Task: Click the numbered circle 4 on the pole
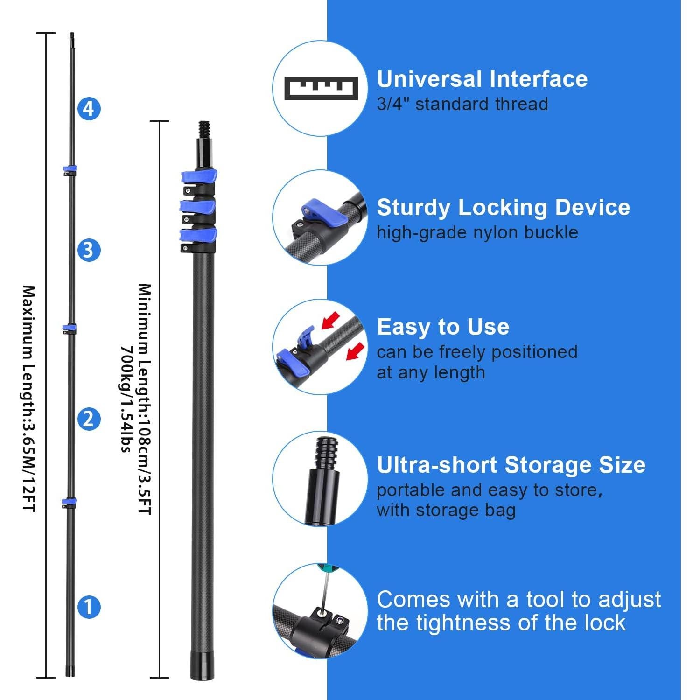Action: tap(89, 109)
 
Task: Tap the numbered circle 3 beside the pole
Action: tap(89, 250)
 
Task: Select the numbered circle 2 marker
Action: tap(89, 419)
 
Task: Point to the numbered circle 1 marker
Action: tap(89, 607)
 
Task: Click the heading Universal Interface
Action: tap(482, 79)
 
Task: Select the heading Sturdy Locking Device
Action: tap(503, 207)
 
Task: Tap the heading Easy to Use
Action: tap(443, 327)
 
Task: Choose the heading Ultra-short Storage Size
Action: tap(511, 465)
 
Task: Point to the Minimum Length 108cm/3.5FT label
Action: tap(145, 399)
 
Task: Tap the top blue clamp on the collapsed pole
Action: tap(199, 176)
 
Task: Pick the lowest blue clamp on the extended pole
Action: tap(69, 503)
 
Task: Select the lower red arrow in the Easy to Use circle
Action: tap(355, 350)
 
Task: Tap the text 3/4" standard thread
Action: tap(462, 104)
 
